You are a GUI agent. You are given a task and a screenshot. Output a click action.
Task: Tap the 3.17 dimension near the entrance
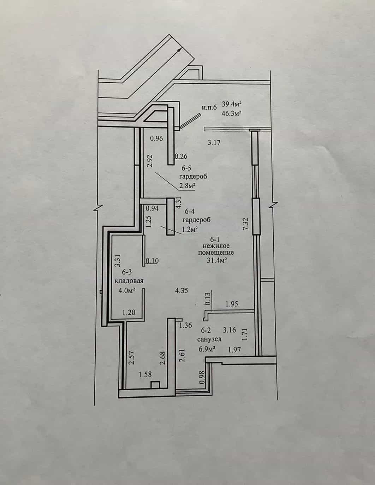(214, 142)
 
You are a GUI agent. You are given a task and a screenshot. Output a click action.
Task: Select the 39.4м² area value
(232, 104)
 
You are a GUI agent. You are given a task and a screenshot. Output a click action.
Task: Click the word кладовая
(129, 281)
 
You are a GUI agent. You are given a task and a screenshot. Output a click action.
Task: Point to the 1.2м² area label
(190, 229)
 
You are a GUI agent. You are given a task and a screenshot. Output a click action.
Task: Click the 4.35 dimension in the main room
(181, 291)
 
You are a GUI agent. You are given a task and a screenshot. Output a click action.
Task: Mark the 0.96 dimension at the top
(156, 138)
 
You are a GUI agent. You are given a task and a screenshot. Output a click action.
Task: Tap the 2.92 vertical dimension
(149, 161)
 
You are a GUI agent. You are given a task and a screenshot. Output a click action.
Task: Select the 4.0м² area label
(128, 290)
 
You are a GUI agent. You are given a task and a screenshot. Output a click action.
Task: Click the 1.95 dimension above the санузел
(232, 303)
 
